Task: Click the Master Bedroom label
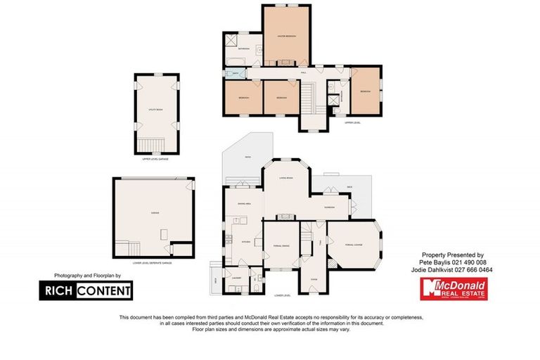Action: pyautogui.click(x=286, y=36)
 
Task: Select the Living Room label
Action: pyautogui.click(x=285, y=179)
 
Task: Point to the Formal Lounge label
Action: pyautogui.click(x=353, y=244)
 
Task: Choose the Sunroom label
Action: pyautogui.click(x=328, y=208)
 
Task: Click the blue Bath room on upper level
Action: pyautogui.click(x=236, y=72)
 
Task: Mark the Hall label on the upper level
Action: pyautogui.click(x=304, y=71)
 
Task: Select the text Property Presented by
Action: pyautogui.click(x=452, y=254)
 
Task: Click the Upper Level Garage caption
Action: pyautogui.click(x=156, y=159)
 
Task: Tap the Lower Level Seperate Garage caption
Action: pyautogui.click(x=152, y=262)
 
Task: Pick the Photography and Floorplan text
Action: pyautogui.click(x=84, y=276)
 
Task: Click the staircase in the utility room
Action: pyautogui.click(x=156, y=145)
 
